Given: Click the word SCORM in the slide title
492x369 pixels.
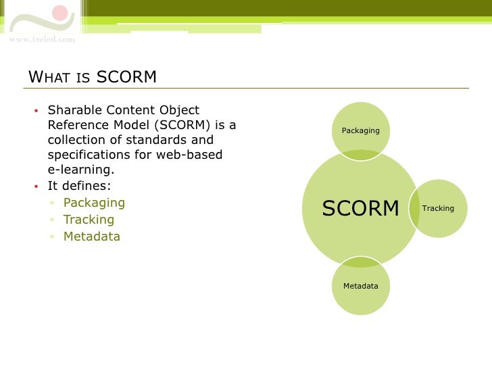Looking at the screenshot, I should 126,77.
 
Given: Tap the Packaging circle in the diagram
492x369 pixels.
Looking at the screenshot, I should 360,130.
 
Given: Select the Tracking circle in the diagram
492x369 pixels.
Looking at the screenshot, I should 438,208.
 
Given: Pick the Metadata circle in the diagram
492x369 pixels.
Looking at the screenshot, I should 360,286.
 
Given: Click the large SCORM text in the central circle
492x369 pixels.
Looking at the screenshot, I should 360,209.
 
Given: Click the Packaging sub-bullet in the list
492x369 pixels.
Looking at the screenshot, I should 94,203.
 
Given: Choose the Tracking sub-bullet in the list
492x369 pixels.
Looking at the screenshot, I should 89,220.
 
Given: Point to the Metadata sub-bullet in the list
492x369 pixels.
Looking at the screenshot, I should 91,237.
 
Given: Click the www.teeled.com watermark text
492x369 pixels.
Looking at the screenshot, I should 42,39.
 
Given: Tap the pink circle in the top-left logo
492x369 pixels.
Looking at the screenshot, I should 60,13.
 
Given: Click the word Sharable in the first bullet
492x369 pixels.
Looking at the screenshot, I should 73,110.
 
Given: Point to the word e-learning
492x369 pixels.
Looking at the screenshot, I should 76,170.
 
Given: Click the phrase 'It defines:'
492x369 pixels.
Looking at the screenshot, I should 79,186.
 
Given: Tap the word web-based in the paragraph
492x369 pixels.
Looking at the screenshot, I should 196,155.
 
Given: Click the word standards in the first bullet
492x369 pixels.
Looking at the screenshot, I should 159,140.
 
